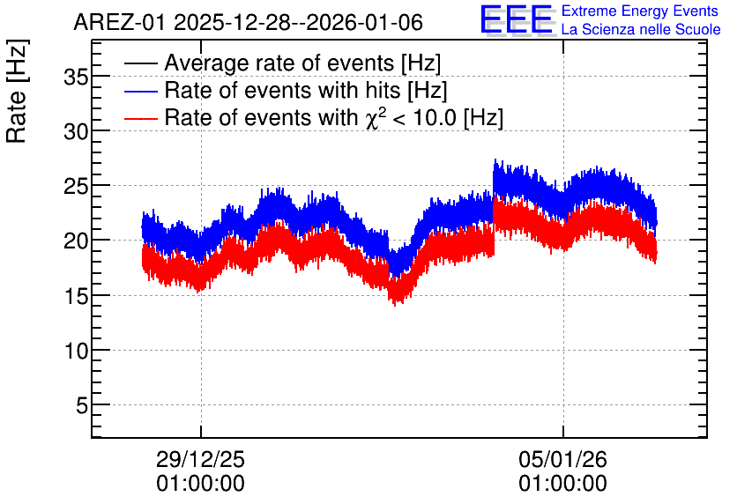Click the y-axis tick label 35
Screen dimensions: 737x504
pos(76,77)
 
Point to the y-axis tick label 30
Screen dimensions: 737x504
pos(76,131)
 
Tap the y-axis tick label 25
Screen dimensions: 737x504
pos(76,187)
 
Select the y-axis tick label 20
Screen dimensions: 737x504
pos(76,241)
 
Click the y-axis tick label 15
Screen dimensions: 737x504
pos(76,296)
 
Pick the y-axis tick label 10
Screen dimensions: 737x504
pos(76,351)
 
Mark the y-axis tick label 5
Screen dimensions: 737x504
pos(82,405)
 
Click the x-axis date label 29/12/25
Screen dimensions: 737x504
pos(200,459)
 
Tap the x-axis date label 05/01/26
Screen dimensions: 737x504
pos(562,459)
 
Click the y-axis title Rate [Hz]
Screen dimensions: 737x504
pos(17,91)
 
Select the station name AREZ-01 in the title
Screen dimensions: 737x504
pos(120,23)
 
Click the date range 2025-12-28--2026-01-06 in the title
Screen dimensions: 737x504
pos(299,23)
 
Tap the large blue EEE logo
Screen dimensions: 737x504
pos(517,19)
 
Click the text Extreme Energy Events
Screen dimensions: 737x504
pos(640,11)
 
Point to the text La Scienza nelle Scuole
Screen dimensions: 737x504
pos(641,30)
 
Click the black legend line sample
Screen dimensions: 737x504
pos(140,63)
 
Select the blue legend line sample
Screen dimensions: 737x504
pos(140,91)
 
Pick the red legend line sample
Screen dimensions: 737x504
pos(140,118)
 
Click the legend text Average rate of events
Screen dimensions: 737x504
pos(279,63)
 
